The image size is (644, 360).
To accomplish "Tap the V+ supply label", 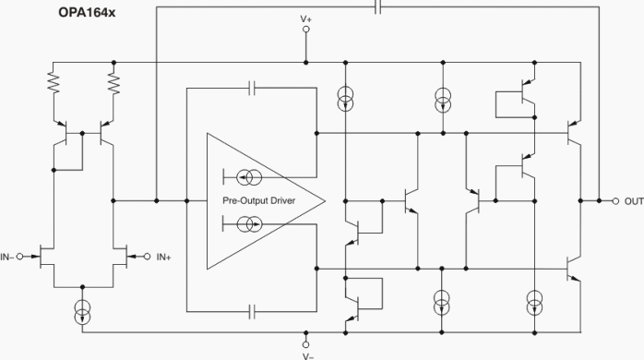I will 306,18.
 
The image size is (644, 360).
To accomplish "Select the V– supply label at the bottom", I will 306,354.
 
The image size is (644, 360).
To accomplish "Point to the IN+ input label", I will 165,256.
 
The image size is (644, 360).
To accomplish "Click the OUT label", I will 633,200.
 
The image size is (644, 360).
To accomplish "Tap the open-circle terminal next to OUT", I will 615,200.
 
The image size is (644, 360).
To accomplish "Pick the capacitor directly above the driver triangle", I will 255,89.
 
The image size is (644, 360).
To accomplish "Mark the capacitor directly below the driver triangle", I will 255,312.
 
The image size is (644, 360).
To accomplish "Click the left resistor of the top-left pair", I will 54,85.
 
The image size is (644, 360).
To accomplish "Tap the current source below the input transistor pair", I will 83,311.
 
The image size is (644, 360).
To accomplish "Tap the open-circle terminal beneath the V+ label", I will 306,30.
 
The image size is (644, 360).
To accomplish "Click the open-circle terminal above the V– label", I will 306,342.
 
